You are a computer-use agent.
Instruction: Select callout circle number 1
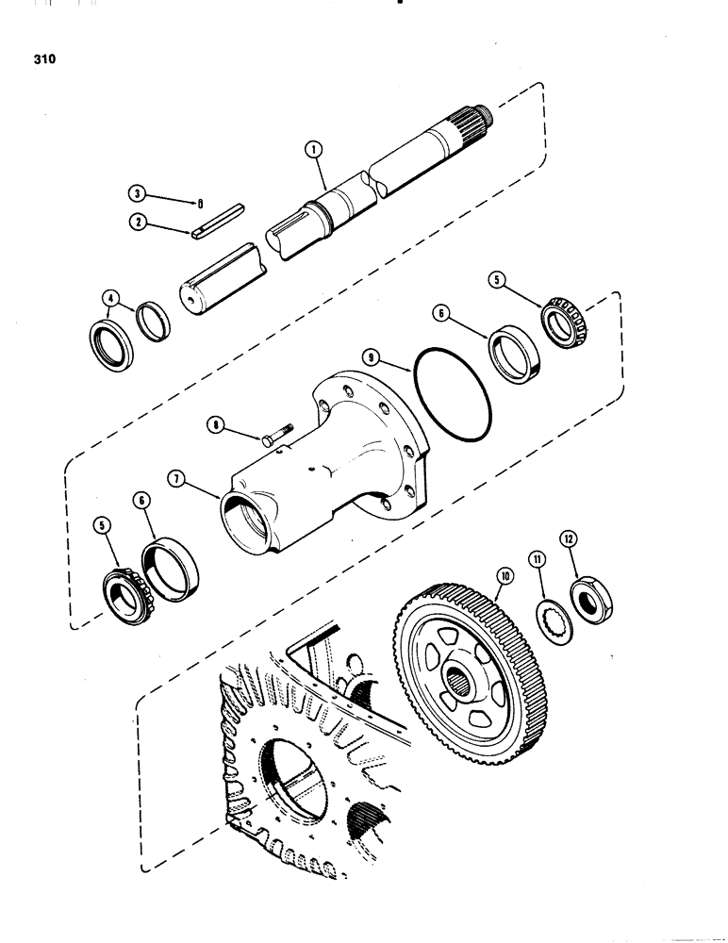[x=312, y=149]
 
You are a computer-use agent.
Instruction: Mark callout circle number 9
[x=373, y=358]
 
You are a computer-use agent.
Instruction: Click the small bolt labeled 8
[x=273, y=439]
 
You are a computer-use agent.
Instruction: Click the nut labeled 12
[x=590, y=600]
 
